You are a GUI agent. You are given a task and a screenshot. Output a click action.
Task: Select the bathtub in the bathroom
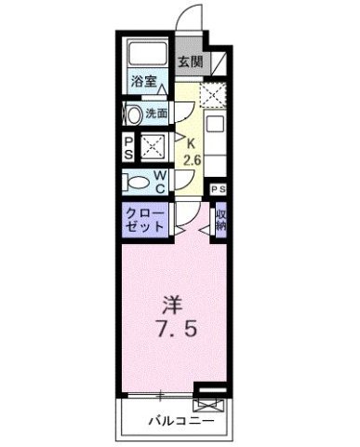tap(145, 56)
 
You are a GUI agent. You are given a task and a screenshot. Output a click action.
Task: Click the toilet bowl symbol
tap(138, 180)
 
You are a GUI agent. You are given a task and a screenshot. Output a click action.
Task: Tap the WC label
tap(160, 180)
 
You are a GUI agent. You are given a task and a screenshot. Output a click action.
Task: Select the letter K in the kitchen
tap(193, 143)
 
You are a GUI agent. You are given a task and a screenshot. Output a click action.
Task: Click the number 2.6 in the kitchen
tap(193, 159)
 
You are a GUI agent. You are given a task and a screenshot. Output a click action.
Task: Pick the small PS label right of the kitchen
tap(218, 190)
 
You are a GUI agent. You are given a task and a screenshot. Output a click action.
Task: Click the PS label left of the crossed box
tap(128, 146)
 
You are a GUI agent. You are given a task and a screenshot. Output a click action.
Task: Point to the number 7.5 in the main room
tap(173, 331)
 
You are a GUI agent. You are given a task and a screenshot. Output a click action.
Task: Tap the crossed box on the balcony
tap(209, 403)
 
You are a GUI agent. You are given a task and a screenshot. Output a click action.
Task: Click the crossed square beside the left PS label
tap(152, 146)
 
